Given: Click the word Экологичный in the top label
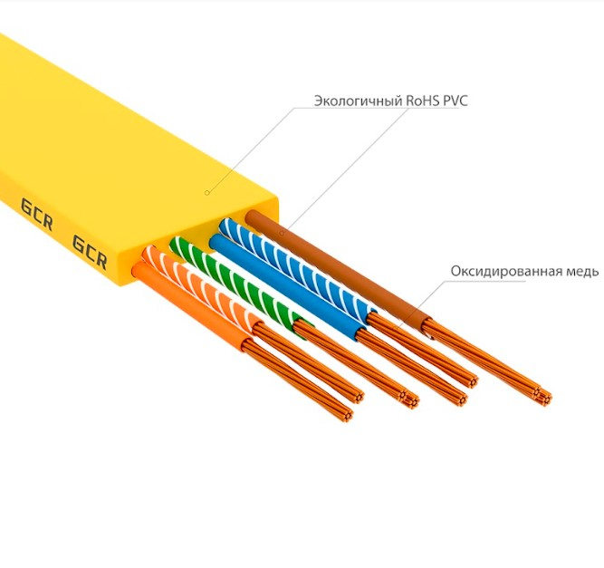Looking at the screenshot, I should click(x=358, y=101).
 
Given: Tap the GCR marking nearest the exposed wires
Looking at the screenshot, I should click(x=90, y=253).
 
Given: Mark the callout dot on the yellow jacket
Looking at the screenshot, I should click(x=206, y=192).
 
